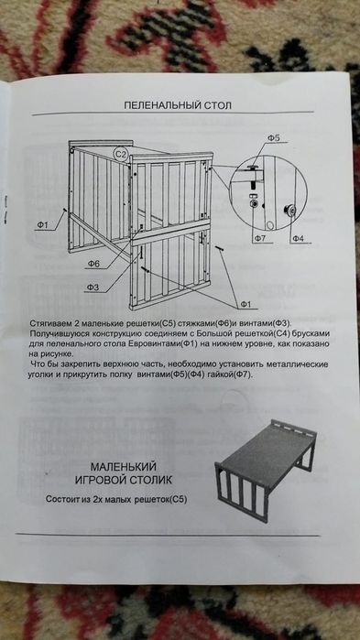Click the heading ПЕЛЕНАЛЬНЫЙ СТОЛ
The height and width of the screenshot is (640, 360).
(178, 105)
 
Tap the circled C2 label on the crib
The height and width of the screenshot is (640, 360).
(120, 154)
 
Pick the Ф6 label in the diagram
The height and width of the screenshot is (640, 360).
(93, 264)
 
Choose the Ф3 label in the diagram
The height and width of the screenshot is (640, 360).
(92, 287)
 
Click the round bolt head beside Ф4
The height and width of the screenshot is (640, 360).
(290, 212)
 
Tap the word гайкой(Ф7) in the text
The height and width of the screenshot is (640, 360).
(286, 375)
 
